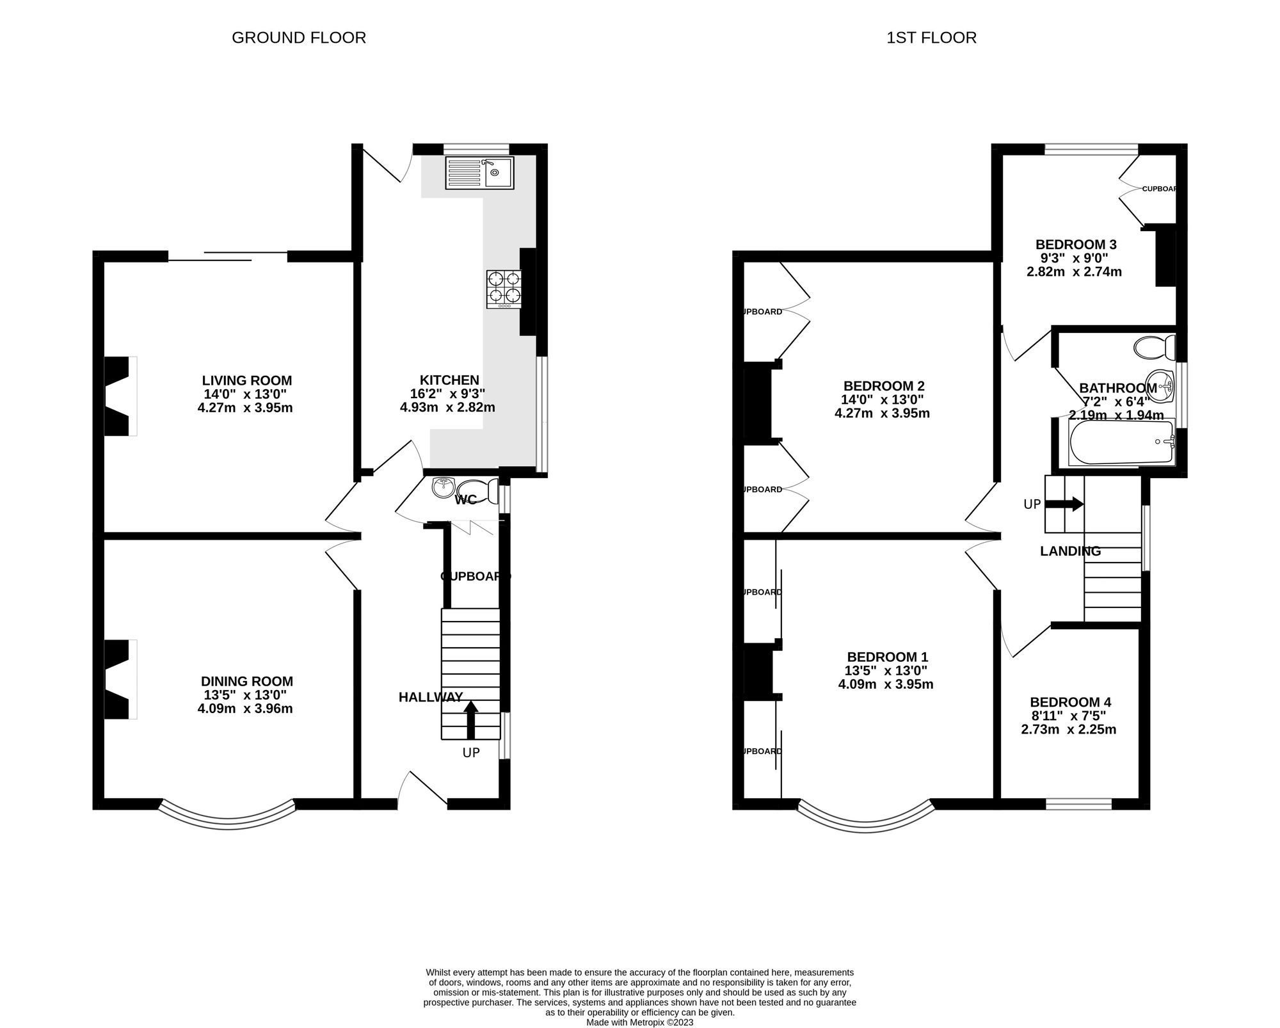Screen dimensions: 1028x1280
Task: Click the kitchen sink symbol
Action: click(x=480, y=173)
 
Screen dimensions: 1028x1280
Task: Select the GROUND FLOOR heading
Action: click(x=299, y=38)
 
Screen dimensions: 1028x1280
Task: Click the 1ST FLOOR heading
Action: click(x=931, y=38)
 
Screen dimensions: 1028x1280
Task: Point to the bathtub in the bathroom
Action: click(x=1121, y=442)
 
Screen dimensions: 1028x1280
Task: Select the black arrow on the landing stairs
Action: click(x=1064, y=504)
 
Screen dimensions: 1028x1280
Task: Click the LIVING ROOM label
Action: click(x=247, y=380)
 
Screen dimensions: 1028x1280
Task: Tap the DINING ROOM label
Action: click(x=247, y=682)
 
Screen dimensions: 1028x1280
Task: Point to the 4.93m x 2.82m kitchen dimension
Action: click(x=447, y=407)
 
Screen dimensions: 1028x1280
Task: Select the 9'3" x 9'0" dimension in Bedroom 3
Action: click(x=1073, y=258)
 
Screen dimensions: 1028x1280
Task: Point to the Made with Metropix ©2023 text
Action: click(x=639, y=1022)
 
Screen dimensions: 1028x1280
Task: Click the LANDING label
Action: click(x=1070, y=551)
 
